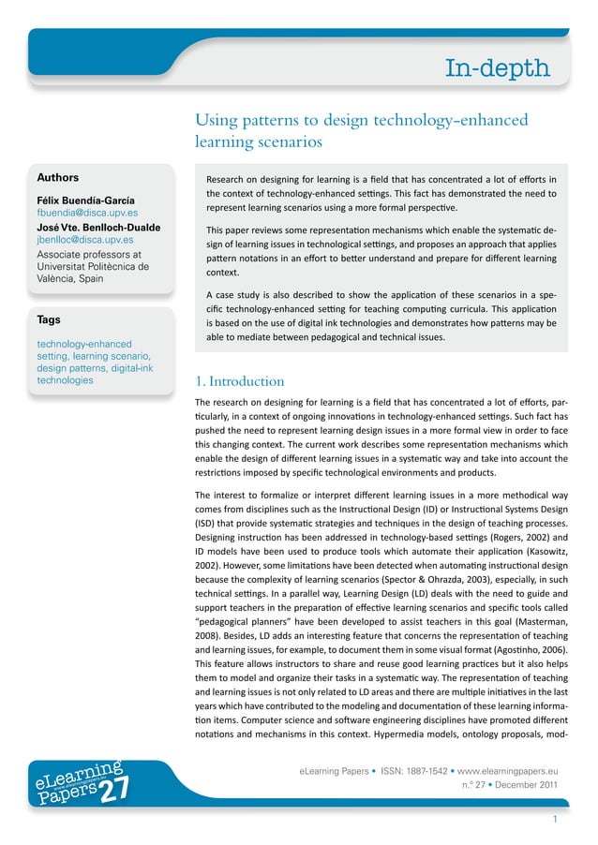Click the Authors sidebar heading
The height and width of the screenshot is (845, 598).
[x=58, y=177]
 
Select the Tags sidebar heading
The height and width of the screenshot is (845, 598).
[x=49, y=319]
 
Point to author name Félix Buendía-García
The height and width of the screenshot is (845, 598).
[x=85, y=200]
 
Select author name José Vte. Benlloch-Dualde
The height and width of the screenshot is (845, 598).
[x=98, y=227]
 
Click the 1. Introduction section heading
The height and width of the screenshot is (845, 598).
[x=239, y=381]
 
